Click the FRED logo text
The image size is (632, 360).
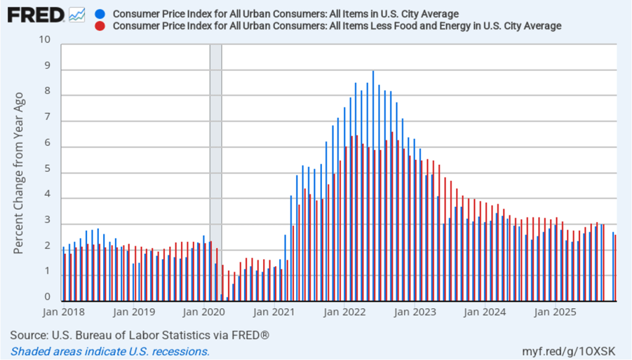click(x=35, y=15)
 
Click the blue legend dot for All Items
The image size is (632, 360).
click(x=101, y=14)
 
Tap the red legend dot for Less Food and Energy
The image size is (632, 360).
click(x=101, y=26)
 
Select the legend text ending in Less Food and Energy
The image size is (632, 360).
click(x=337, y=26)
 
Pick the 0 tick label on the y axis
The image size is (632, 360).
click(x=48, y=298)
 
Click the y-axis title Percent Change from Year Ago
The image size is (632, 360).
click(x=19, y=173)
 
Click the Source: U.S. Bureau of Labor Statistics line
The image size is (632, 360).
click(x=140, y=335)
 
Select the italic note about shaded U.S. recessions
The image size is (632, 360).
click(x=109, y=351)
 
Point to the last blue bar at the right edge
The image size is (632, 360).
click(x=613, y=267)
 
